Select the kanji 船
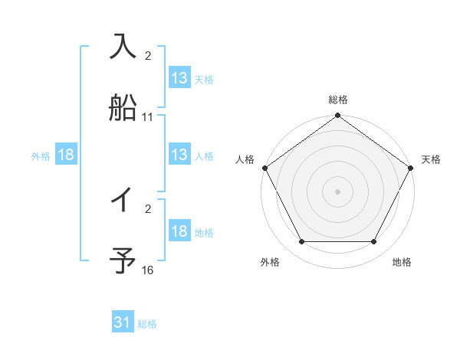(123, 108)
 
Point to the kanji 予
(123, 260)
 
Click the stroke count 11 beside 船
(148, 117)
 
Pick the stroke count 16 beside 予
(148, 270)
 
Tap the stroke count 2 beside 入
(148, 56)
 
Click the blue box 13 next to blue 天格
(179, 78)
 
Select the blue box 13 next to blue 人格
(179, 155)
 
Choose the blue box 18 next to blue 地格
(179, 231)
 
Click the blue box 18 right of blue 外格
(66, 155)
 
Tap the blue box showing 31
(123, 323)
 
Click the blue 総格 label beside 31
(147, 324)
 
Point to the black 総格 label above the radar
(337, 100)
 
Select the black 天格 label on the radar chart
(431, 159)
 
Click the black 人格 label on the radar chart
(245, 159)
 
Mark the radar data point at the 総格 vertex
(337, 116)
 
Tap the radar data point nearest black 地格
(374, 242)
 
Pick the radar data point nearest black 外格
(301, 242)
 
